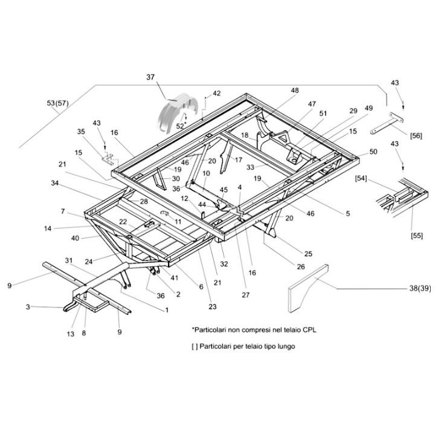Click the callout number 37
150,77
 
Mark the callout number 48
295,91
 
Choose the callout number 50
373,151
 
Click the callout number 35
82,131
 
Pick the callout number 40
75,237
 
